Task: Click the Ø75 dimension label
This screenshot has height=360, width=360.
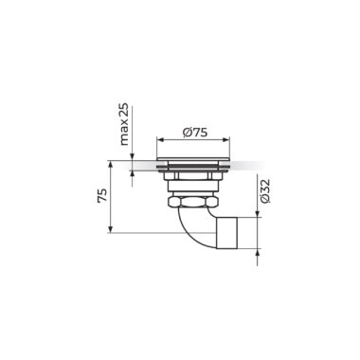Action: [x=195, y=133]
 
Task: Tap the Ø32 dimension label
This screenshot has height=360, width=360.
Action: [x=265, y=191]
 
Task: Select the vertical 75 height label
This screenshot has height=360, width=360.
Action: [x=102, y=195]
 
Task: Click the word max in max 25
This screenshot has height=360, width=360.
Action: [x=124, y=135]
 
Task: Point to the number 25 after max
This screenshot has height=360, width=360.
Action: [x=124, y=112]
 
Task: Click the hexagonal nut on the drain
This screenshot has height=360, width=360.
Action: [x=193, y=202]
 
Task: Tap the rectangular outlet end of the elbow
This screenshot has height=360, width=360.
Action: [x=226, y=233]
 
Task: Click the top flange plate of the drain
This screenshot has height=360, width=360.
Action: [x=193, y=158]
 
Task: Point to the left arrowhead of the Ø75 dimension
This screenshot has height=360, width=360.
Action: [x=160, y=140]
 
